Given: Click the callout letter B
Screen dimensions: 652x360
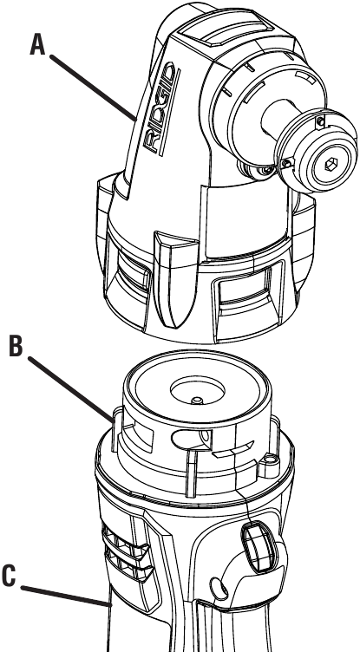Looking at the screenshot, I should click(x=16, y=348).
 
